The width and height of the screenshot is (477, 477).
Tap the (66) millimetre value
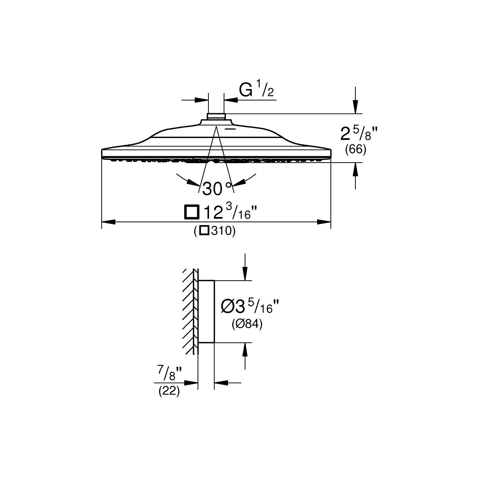click(x=356, y=149)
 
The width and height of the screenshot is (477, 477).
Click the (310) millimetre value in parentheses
click(x=215, y=231)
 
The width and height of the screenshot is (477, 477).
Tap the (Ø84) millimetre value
click(x=247, y=325)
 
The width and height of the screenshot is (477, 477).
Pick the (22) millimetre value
click(x=169, y=391)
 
